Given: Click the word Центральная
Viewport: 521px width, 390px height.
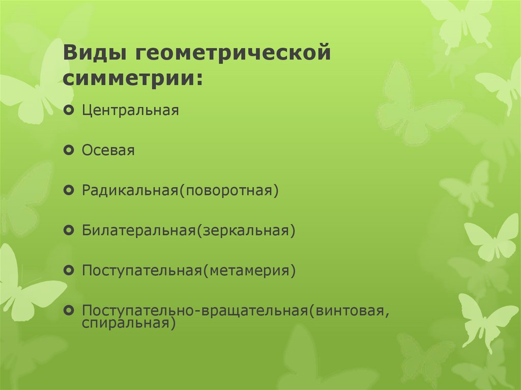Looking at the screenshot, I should [130, 110].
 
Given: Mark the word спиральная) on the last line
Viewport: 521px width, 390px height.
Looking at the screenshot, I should [129, 323].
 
